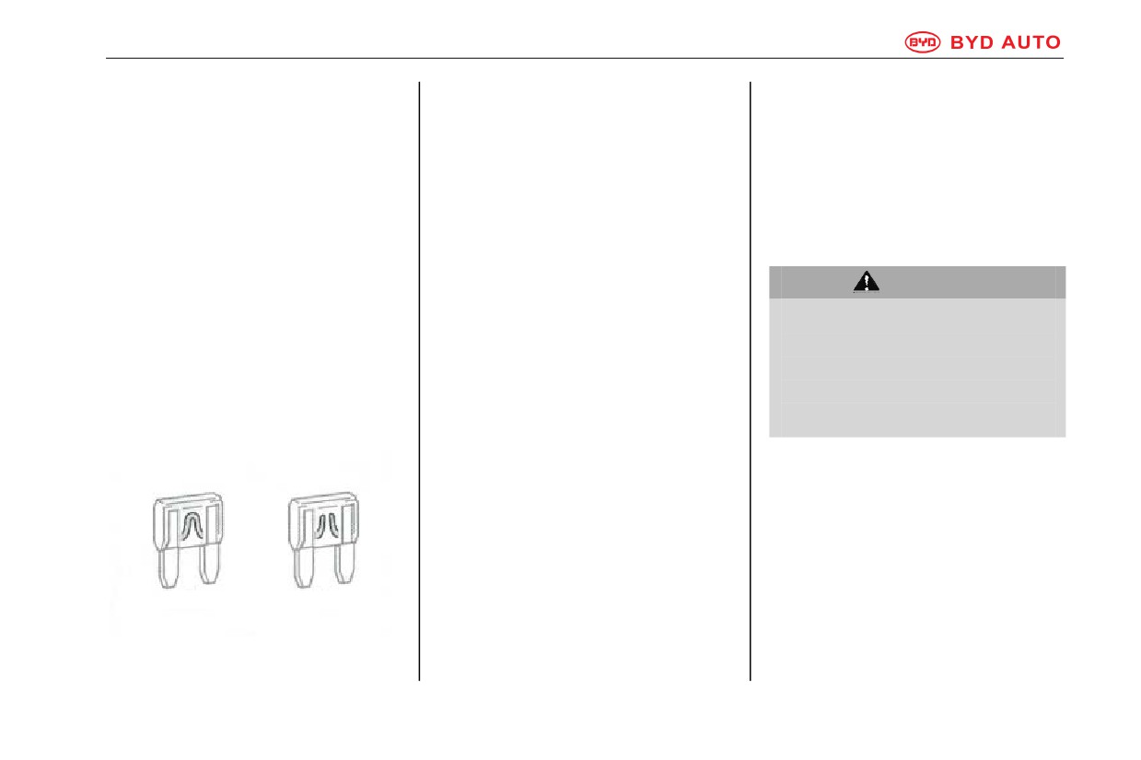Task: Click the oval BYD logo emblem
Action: coord(923,42)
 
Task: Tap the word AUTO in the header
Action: coord(1031,42)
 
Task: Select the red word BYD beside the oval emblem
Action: coord(972,42)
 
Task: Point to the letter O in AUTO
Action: coord(1053,42)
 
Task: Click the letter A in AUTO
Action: coord(1009,42)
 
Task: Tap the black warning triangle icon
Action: coord(867,282)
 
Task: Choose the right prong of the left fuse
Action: coord(209,565)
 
